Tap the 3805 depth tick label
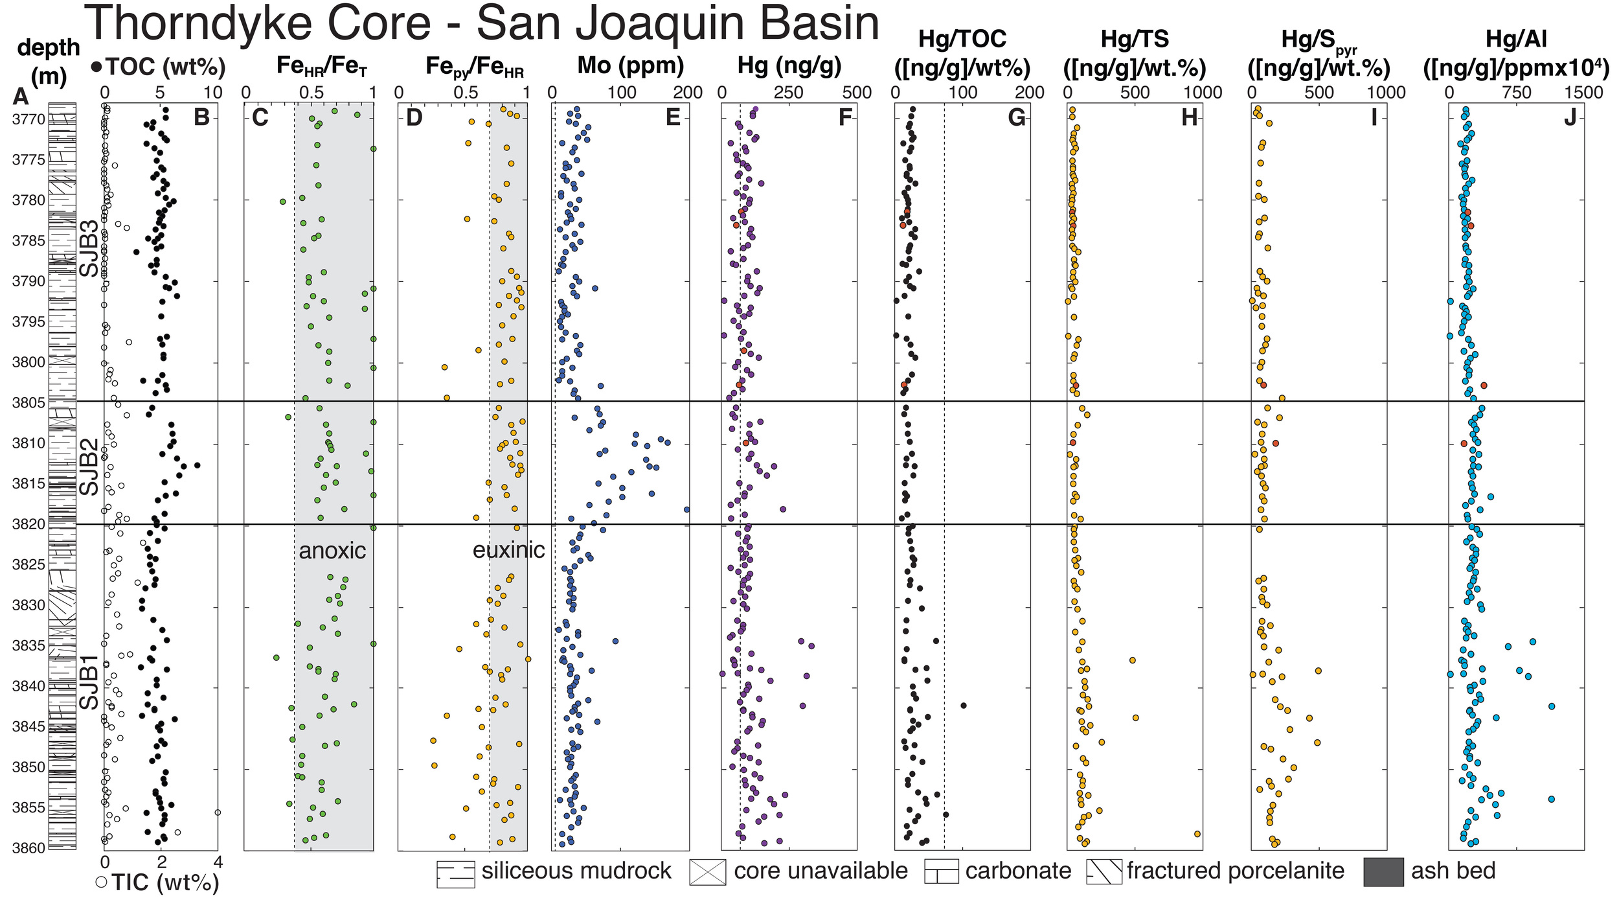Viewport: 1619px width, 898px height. point(28,403)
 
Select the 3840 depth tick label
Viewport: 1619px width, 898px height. point(28,686)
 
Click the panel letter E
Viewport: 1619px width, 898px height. point(673,117)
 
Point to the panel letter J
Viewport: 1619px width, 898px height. point(1569,117)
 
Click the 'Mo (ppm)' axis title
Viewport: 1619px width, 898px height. point(630,66)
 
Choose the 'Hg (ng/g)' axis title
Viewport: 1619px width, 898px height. point(789,66)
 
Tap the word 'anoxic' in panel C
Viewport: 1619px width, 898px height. point(332,551)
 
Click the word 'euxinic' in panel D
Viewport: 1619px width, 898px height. point(508,550)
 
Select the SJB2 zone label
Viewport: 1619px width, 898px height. point(89,466)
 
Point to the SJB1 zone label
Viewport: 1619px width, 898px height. point(89,682)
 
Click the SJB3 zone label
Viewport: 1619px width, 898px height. point(89,248)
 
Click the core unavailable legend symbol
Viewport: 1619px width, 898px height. point(707,871)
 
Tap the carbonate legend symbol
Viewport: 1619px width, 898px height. point(941,871)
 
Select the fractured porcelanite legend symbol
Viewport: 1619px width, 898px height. point(1104,871)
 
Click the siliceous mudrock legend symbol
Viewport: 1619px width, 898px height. point(455,874)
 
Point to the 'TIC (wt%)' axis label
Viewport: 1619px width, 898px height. point(164,882)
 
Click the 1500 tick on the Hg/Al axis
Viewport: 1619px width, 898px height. point(1583,93)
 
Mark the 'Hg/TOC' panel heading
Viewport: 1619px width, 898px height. point(962,40)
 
